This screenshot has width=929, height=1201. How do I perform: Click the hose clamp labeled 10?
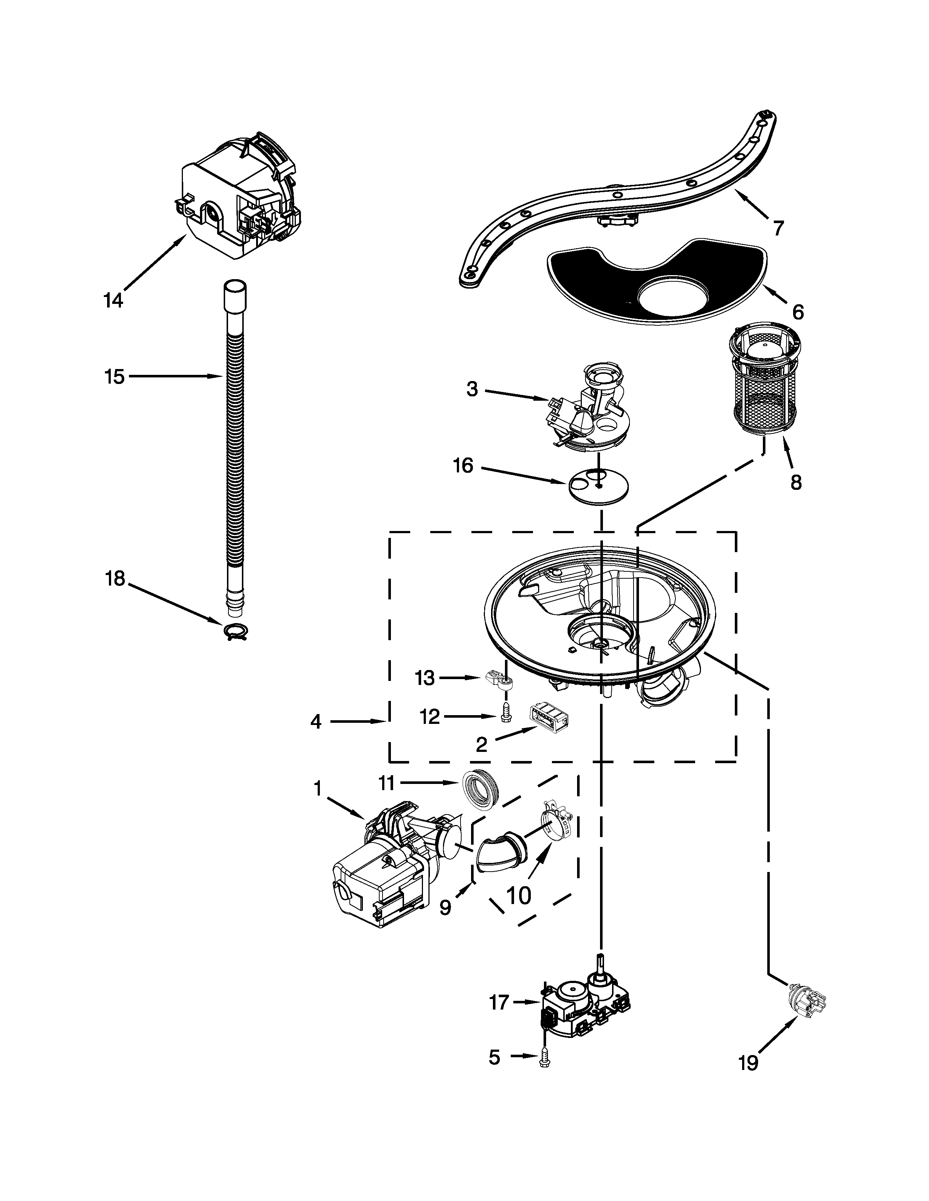tap(555, 823)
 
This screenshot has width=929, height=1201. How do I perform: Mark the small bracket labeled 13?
tap(501, 682)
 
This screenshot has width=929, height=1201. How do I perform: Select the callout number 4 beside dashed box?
tap(315, 721)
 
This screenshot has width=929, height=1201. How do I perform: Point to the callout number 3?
tap(472, 389)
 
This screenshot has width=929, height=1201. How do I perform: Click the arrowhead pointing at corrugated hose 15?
tap(218, 377)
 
